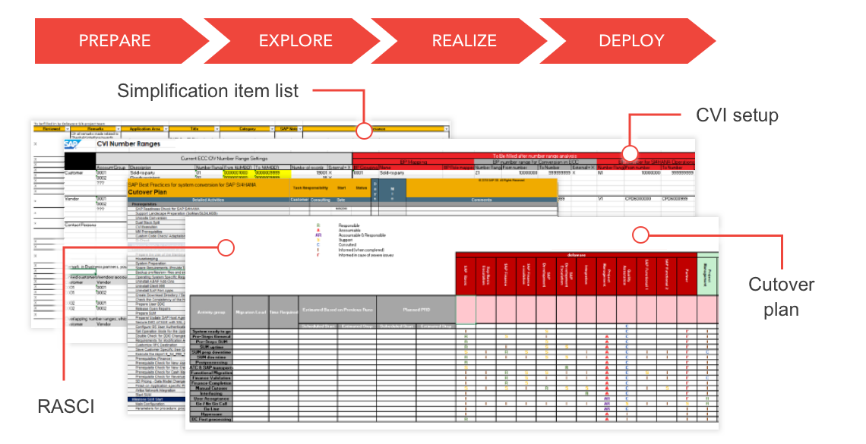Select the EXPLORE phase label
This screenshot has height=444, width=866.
pyautogui.click(x=296, y=41)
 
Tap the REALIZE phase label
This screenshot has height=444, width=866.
pyautogui.click(x=464, y=41)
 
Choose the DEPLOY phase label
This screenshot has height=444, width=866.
pyautogui.click(x=631, y=41)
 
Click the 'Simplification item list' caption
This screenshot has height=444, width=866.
pyautogui.click(x=207, y=91)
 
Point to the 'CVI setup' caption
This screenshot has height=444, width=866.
pyautogui.click(x=738, y=115)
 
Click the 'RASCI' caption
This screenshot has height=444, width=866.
pyautogui.click(x=66, y=407)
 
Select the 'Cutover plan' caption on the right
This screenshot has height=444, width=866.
pyautogui.click(x=781, y=297)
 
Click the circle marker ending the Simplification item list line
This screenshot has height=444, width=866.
pyautogui.click(x=364, y=130)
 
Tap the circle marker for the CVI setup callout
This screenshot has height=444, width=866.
pyautogui.click(x=630, y=150)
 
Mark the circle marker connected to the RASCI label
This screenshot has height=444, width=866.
pyautogui.click(x=225, y=247)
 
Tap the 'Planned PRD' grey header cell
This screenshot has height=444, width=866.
pyautogui.click(x=416, y=310)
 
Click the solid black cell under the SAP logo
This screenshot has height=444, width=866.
pyautogui.click(x=80, y=161)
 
